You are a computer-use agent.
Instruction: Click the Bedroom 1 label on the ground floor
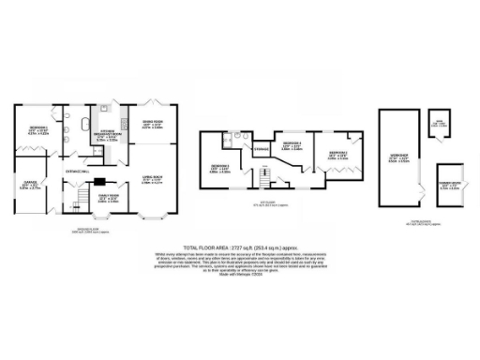pos(38,129)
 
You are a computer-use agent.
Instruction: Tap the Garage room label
pos(25,185)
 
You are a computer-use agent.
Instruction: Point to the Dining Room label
pos(151,124)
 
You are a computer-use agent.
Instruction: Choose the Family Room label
pos(109,198)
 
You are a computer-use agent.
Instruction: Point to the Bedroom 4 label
pos(291,145)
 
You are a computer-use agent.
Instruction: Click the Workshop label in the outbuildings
pos(397,157)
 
